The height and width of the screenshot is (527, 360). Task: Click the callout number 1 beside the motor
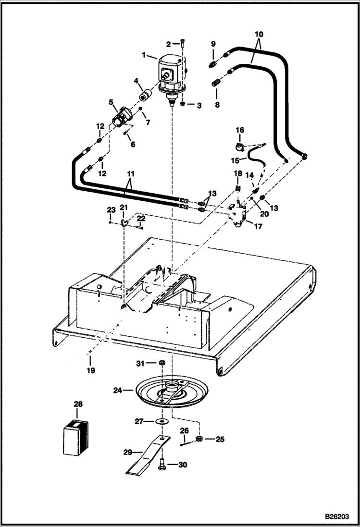pyautogui.click(x=144, y=55)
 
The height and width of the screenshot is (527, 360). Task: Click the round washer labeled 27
pyautogui.click(x=163, y=421)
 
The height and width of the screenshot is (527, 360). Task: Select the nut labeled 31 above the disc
pyautogui.click(x=162, y=363)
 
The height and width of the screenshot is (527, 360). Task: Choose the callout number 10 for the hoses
pyautogui.click(x=259, y=35)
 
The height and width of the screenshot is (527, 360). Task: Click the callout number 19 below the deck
pyautogui.click(x=91, y=370)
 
